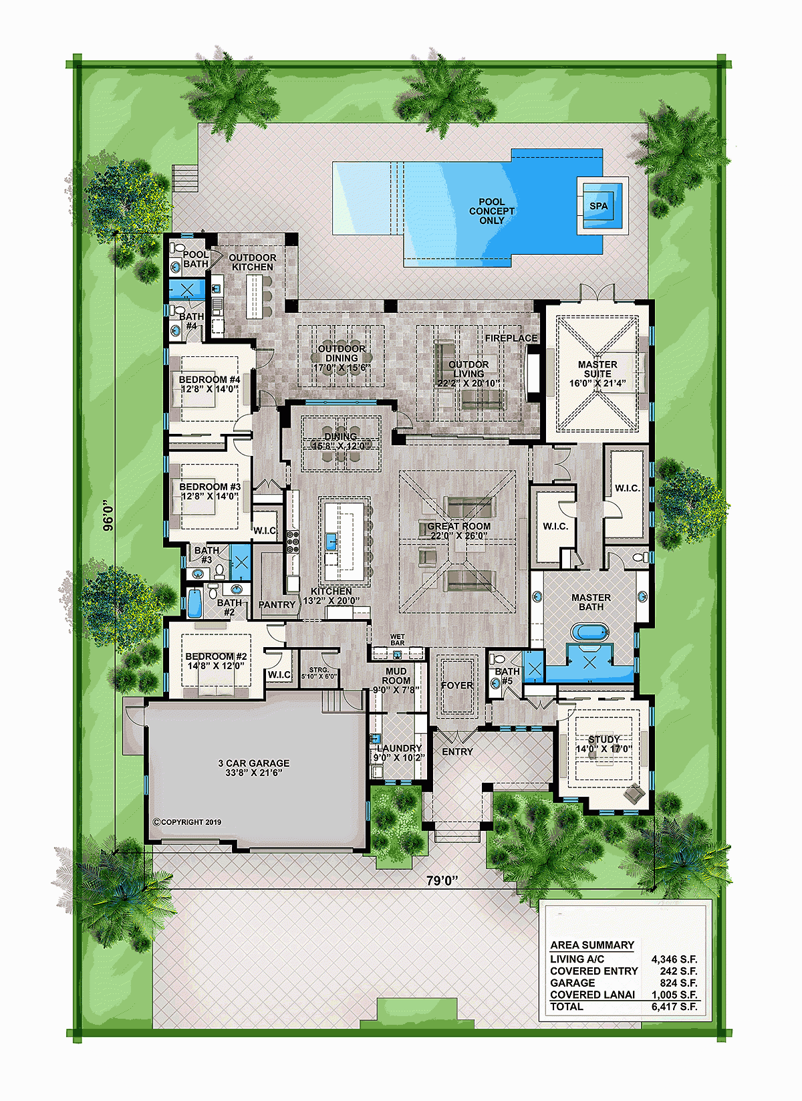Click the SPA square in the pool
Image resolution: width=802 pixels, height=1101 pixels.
[598, 206]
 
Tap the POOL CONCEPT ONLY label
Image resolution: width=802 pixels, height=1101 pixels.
[492, 211]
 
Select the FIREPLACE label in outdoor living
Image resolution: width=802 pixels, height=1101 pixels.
[511, 338]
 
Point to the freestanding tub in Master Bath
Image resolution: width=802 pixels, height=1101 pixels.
[589, 632]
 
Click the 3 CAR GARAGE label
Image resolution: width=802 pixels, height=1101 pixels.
[254, 767]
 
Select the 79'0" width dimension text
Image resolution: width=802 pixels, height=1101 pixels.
[442, 881]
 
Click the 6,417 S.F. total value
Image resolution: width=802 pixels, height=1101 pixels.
[674, 1007]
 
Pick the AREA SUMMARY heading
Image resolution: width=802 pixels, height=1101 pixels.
[591, 945]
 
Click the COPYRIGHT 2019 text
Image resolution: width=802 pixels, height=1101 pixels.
[187, 822]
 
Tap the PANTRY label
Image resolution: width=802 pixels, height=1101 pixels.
[277, 605]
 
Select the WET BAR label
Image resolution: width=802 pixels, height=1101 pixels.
[397, 640]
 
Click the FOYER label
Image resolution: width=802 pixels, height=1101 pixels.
[457, 685]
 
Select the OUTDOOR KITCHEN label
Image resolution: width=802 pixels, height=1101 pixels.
[252, 262]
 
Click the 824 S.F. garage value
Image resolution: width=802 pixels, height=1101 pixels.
[679, 983]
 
